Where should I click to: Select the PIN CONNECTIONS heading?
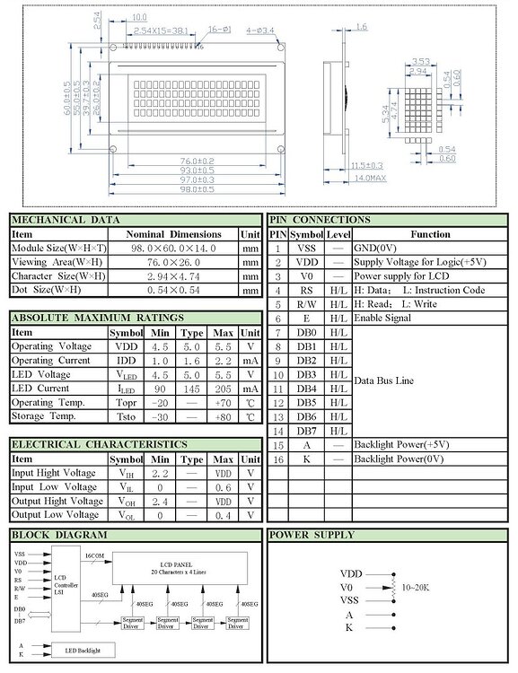click(320, 220)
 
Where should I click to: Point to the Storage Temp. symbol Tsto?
click(126, 416)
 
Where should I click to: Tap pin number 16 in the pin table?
click(278, 459)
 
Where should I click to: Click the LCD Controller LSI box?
click(66, 584)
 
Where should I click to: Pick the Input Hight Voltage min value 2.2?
click(160, 473)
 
